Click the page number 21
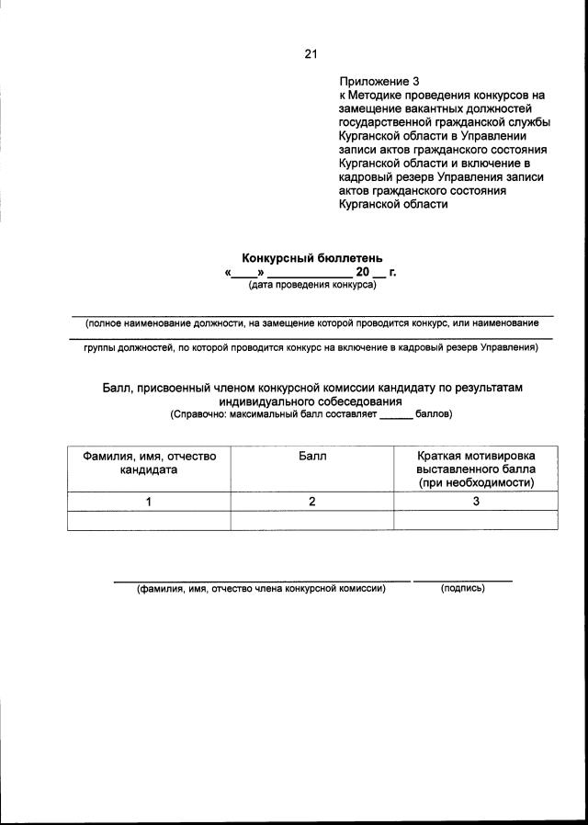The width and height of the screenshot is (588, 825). coord(310,53)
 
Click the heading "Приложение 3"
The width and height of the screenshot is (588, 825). coord(379,81)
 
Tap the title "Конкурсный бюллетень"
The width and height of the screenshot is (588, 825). coord(311,258)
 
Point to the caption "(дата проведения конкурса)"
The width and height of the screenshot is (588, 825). coord(311,286)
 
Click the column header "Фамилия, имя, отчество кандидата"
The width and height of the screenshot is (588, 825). coord(149,462)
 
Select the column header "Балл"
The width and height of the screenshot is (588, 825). coord(312,456)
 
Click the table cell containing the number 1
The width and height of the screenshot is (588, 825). coord(149,502)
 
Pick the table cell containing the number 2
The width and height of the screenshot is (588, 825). coord(312,502)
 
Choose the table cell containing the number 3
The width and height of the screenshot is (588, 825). coord(475,502)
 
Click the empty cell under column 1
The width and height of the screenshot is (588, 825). coord(149,520)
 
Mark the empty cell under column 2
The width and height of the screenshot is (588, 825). coord(312,520)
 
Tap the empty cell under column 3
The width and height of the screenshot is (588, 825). coord(475,520)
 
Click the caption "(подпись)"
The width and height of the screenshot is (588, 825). coord(462,588)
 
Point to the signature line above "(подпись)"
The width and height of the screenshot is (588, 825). coord(462,581)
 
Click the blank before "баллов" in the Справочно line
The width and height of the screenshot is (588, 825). coord(396,414)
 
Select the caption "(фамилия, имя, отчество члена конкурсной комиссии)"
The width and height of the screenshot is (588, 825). coord(261,588)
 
